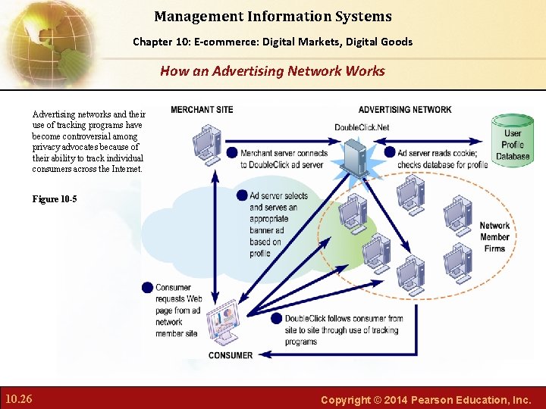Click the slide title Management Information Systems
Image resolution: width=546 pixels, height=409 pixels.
tap(273, 16)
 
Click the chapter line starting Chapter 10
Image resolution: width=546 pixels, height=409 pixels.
tap(273, 42)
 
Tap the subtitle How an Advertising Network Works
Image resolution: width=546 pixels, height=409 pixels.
tap(272, 71)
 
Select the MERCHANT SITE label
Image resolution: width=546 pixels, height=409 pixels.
tap(202, 110)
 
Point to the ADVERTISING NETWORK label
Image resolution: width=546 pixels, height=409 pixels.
tap(405, 110)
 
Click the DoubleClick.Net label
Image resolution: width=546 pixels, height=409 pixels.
tap(362, 126)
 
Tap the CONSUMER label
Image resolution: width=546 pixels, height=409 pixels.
tap(231, 355)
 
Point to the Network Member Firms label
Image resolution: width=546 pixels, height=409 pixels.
tap(494, 236)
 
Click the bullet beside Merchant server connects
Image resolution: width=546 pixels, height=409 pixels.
tap(232, 153)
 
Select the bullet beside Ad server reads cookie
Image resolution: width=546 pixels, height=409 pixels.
tap(390, 152)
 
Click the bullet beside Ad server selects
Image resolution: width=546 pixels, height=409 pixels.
tap(242, 195)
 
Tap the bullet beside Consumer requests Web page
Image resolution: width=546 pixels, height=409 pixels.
tap(147, 287)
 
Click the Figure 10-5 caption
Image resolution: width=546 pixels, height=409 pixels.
tap(55, 199)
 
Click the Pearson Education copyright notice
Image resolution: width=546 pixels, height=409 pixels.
tap(425, 399)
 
